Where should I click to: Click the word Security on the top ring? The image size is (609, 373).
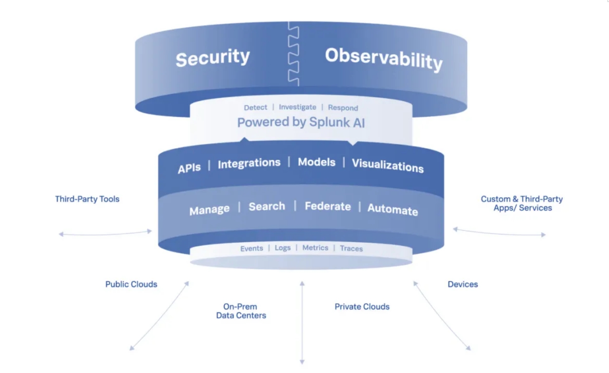point(213,58)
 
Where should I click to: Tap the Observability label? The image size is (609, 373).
point(384,59)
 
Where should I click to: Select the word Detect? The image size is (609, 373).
point(255,107)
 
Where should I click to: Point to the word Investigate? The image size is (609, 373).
point(297,107)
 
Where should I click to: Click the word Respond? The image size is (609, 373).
point(343,108)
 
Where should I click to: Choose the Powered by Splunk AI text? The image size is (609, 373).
point(301,122)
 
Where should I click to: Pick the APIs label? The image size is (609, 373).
point(189,168)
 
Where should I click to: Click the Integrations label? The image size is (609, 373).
point(249,164)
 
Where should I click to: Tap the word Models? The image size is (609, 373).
point(317,162)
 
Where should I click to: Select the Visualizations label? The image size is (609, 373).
point(388,165)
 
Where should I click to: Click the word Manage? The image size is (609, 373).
point(209,210)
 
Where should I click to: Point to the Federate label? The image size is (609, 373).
point(328,206)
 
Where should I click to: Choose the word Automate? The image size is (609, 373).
point(393,209)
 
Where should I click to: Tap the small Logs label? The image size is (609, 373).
point(282,248)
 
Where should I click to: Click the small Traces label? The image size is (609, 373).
point(351,248)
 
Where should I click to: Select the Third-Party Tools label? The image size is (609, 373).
point(87,199)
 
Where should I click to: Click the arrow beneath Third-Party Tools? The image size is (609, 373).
point(105,234)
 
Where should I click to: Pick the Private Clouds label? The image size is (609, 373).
point(362,306)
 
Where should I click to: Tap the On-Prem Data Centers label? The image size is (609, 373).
point(241,311)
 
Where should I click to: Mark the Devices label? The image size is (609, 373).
point(463,284)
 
